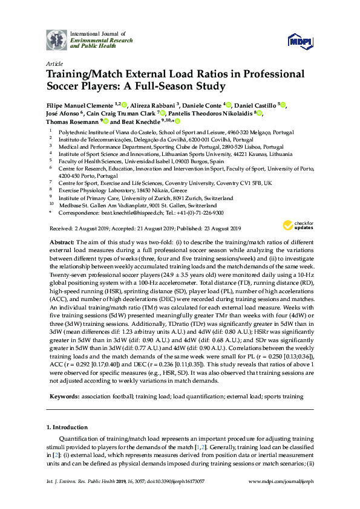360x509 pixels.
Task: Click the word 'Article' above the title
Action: [54, 63]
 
